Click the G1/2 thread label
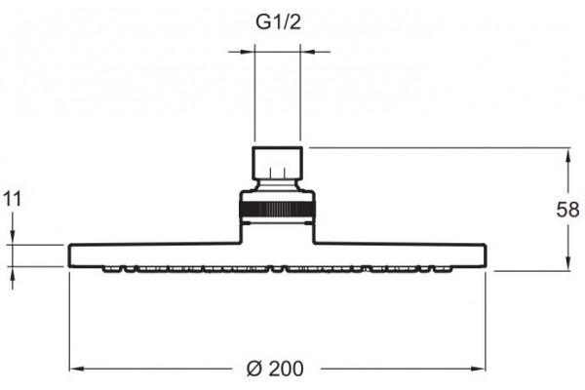click(x=278, y=22)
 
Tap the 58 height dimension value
click(x=567, y=210)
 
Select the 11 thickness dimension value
click(x=13, y=199)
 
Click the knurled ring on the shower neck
click(x=277, y=209)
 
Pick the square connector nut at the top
click(x=277, y=163)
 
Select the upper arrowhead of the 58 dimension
click(x=568, y=155)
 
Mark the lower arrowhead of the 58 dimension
click(x=568, y=263)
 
